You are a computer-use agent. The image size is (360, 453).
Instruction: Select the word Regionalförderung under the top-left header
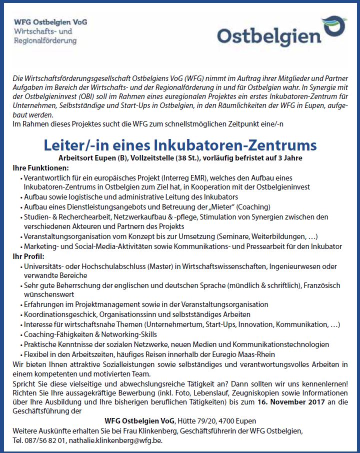click(x=45, y=40)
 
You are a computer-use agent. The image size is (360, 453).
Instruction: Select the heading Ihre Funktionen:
click(x=36, y=168)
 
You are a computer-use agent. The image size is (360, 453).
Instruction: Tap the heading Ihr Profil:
click(x=28, y=256)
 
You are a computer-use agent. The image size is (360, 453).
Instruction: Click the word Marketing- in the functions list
click(x=42, y=246)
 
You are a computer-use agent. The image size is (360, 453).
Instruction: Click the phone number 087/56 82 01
click(x=40, y=441)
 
